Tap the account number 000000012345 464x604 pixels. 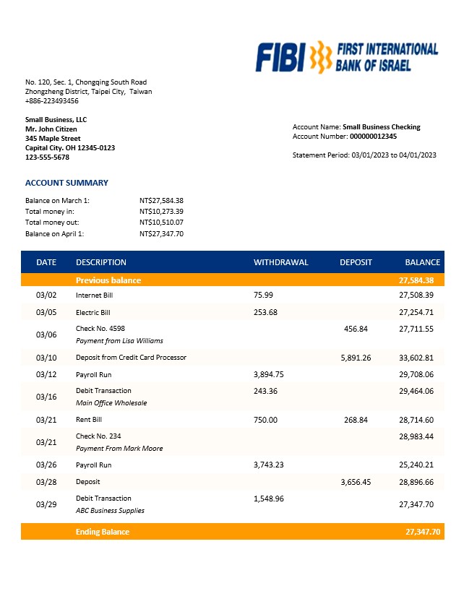[x=373, y=136]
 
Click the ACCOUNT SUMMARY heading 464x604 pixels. [x=66, y=183]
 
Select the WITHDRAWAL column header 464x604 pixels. [x=280, y=262]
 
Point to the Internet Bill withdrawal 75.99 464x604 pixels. [x=264, y=295]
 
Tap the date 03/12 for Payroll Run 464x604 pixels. [x=46, y=374]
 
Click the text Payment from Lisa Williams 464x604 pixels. [x=119, y=341]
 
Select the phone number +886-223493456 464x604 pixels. [x=52, y=101]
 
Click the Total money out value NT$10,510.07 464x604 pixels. [x=161, y=223]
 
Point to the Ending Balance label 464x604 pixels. [x=103, y=532]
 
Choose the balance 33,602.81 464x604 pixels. [x=416, y=358]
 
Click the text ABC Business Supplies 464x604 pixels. [x=110, y=511]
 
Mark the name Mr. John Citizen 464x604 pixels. [x=51, y=129]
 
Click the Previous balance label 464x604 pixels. [x=108, y=280]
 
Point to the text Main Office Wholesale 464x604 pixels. [x=111, y=403]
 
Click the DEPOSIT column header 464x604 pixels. [x=356, y=262]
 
